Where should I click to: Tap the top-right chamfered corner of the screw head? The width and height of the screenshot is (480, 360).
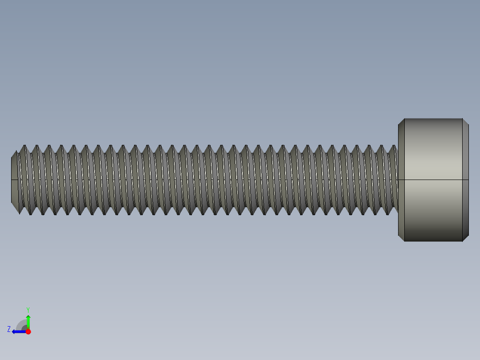click(465, 122)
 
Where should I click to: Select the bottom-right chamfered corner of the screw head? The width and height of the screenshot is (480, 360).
click(465, 238)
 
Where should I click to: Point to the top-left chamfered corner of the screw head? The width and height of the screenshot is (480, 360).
click(401, 122)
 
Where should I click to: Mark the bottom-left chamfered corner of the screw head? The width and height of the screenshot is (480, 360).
click(401, 238)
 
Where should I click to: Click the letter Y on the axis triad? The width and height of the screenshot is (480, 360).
click(28, 309)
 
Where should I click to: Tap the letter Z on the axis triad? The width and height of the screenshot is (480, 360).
click(9, 329)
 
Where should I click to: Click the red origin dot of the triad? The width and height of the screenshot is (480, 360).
click(28, 331)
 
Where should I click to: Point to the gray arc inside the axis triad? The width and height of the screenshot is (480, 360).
click(21, 325)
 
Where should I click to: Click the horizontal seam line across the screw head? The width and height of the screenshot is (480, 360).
click(433, 180)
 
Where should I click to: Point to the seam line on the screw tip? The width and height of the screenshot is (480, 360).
click(14, 180)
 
